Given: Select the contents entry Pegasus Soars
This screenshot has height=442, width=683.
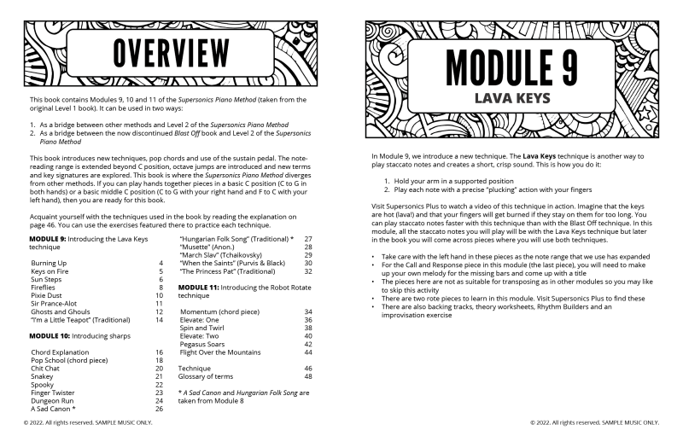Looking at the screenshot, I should click(x=209, y=344).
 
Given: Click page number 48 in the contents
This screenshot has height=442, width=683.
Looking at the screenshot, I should click(x=308, y=375).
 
